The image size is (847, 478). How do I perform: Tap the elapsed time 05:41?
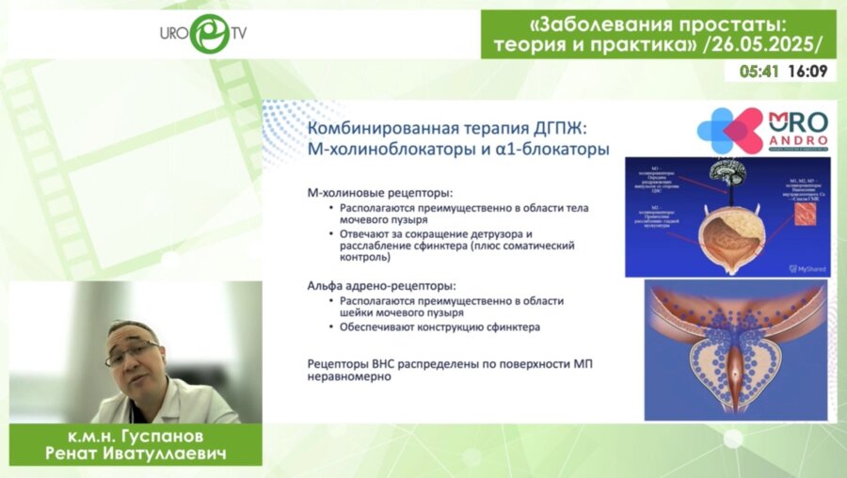[759, 72]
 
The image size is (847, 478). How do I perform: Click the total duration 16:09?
[807, 72]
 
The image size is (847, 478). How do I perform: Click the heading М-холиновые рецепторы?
[374, 193]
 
